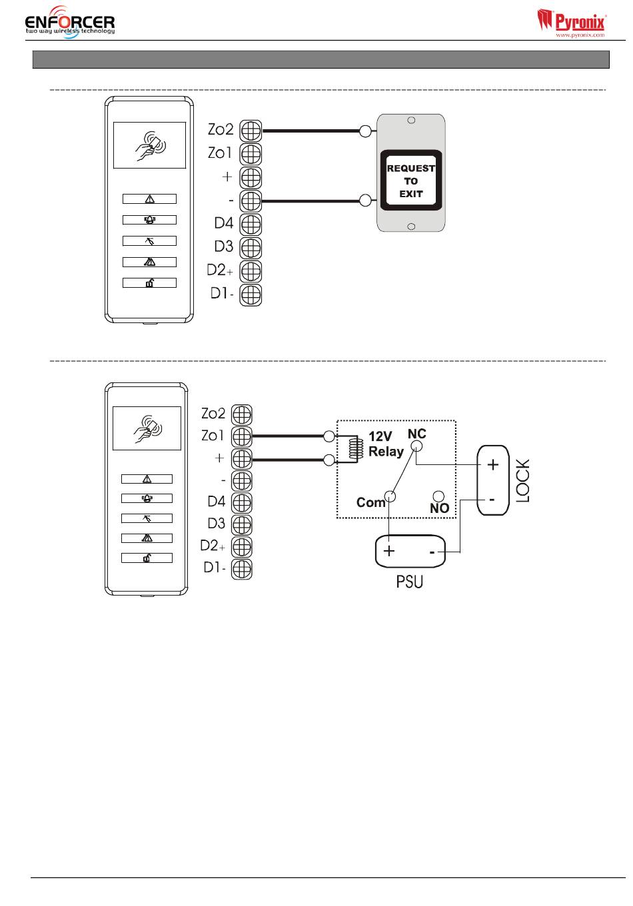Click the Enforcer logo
coord(70,23)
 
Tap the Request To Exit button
coord(410,180)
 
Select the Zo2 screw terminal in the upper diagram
coord(251,131)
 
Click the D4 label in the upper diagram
coord(224,223)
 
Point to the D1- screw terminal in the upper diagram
coord(251,295)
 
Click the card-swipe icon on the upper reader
coord(150,146)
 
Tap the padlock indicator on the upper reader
coord(149,282)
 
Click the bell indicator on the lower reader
coord(147,498)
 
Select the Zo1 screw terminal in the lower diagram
coord(241,436)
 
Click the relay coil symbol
coord(353,448)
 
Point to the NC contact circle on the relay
coord(416,446)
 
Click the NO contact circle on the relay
coord(438,496)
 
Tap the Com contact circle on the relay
coord(390,496)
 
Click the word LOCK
coord(522,480)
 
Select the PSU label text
coord(409,582)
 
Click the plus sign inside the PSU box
coord(388,551)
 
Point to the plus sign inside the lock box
coord(492,464)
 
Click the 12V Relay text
coord(386,444)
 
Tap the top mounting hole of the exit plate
coord(411,120)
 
